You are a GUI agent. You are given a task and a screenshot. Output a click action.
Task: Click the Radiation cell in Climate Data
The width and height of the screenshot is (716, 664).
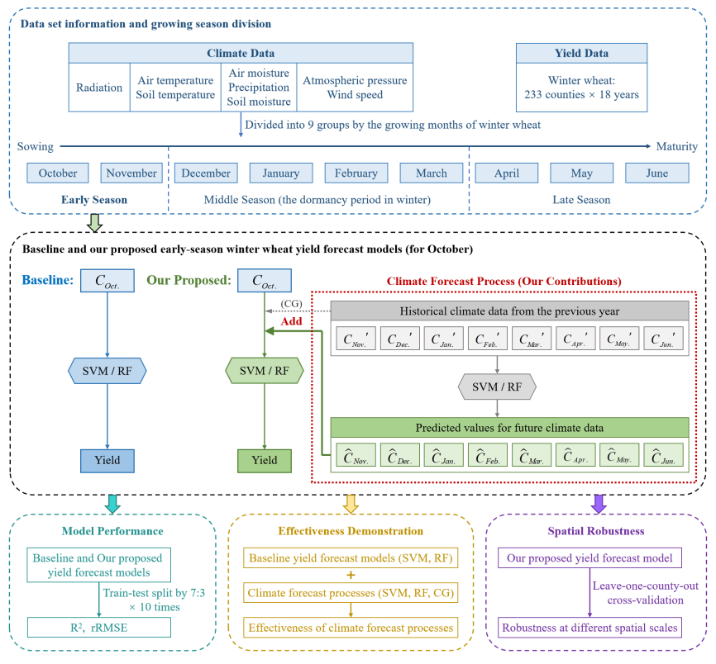point(99,88)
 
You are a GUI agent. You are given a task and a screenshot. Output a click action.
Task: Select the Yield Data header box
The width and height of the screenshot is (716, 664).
point(581,53)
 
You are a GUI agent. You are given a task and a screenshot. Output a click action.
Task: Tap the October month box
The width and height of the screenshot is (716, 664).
point(58,173)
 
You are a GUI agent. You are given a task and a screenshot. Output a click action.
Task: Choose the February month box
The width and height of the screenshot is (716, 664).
point(356,173)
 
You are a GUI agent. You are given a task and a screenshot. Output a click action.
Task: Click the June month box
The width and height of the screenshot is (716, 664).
point(657,173)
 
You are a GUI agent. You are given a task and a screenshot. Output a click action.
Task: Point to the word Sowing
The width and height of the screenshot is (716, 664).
point(36,147)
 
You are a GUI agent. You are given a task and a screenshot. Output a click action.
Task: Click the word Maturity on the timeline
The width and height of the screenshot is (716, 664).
point(676,147)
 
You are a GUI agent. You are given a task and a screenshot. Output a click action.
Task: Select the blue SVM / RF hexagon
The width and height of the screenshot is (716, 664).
point(107,371)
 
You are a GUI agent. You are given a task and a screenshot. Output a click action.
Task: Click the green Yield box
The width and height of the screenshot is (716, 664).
point(265,460)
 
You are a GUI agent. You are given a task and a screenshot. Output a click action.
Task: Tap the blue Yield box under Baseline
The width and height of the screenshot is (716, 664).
point(107,460)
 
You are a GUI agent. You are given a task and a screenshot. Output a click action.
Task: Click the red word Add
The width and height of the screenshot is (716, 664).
point(291,320)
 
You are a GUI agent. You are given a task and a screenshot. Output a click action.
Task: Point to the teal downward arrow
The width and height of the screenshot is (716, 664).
point(112,503)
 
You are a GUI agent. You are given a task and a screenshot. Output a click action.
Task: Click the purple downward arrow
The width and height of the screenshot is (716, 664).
point(599,503)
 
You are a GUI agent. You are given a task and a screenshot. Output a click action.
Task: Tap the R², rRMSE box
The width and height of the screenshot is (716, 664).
point(98,627)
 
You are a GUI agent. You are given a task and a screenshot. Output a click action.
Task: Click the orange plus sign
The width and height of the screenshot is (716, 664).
point(351,575)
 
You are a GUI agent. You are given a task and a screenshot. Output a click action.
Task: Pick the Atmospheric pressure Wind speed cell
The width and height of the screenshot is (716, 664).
point(355,88)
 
